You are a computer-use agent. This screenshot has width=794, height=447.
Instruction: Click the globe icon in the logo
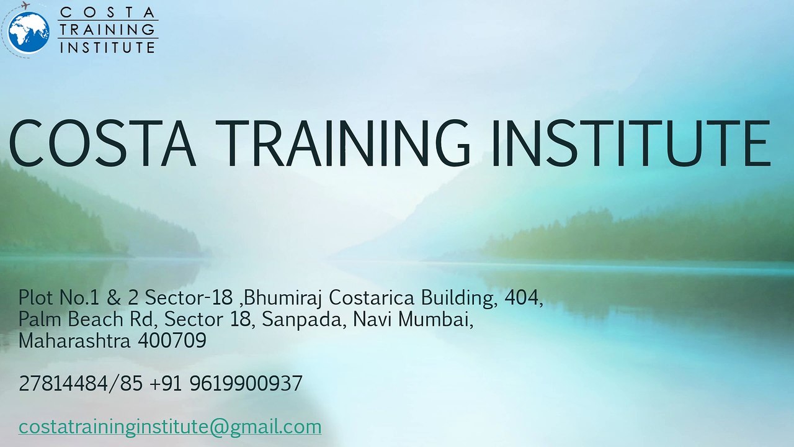tap(29, 32)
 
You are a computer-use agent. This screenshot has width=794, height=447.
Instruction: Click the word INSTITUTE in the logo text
tap(107, 47)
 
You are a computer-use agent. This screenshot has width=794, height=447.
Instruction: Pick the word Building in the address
tap(459, 299)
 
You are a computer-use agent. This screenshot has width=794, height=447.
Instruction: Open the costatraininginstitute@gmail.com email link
tap(170, 427)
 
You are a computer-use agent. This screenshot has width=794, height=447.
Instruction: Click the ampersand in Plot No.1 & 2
tap(113, 299)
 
